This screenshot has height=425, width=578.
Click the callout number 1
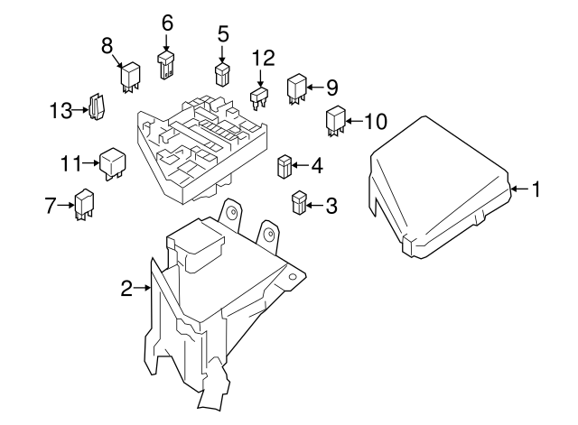(536, 189)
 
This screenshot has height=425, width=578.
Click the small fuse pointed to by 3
(300, 202)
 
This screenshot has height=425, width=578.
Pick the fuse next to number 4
(284, 167)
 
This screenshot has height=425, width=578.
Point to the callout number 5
(222, 35)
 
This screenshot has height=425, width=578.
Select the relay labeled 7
(85, 203)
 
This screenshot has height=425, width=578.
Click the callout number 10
(374, 120)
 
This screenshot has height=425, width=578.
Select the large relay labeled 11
(112, 162)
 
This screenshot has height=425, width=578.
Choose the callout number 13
(60, 110)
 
